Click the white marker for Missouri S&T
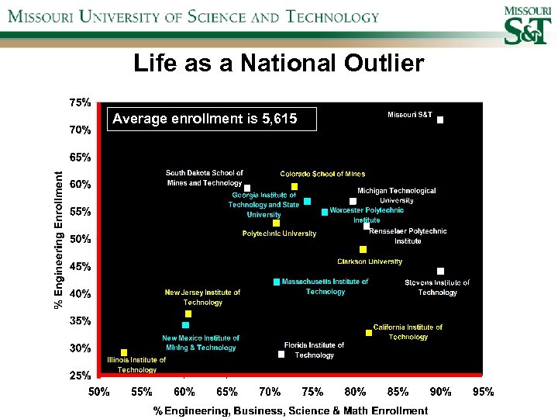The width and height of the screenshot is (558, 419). [x=440, y=120]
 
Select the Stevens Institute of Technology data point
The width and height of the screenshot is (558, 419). [x=440, y=271]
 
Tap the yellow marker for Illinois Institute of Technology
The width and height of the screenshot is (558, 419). [x=124, y=352]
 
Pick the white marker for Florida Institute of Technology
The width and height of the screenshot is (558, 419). [x=281, y=355]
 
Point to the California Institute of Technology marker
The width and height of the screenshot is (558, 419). [x=369, y=333]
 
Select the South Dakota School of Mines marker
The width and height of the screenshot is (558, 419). [x=247, y=188]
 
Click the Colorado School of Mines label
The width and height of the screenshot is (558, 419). [x=322, y=174]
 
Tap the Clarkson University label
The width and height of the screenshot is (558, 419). [x=370, y=261]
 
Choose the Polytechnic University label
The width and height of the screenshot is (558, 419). [x=279, y=234]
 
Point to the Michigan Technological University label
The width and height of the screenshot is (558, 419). [x=396, y=196]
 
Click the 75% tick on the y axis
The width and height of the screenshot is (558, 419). [x=80, y=102]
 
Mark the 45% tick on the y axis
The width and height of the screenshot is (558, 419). [x=80, y=266]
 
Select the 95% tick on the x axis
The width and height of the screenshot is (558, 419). [x=483, y=393]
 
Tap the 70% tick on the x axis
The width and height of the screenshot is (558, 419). [x=270, y=393]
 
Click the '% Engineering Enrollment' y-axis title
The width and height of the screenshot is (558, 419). [x=59, y=238]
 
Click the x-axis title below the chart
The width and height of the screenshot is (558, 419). [x=290, y=410]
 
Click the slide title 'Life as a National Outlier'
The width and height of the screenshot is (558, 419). [x=279, y=63]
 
